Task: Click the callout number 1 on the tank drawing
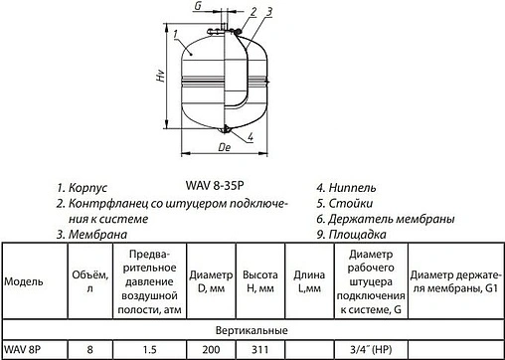coord(175,38)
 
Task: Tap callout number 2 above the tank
coord(253,11)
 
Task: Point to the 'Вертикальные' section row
coord(252,328)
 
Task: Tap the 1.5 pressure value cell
coord(148,349)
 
